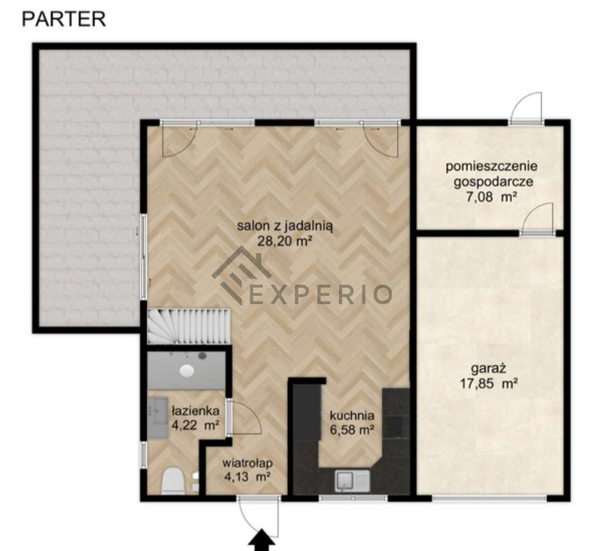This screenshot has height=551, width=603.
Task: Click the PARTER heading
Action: point(64,19)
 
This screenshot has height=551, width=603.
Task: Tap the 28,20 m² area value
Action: point(285,241)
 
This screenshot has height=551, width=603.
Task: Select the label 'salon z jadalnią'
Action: point(285,226)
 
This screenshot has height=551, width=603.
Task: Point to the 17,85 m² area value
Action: point(489,384)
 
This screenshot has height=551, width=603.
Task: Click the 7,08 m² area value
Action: point(491,197)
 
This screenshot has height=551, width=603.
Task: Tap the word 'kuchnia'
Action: point(352,415)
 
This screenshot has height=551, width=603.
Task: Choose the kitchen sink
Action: point(352,481)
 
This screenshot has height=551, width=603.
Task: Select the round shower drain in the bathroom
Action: point(187,370)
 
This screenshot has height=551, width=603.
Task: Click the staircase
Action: point(189,325)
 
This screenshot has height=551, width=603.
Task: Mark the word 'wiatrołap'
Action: point(247,463)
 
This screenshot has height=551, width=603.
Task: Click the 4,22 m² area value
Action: point(195,425)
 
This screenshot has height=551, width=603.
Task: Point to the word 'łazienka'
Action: point(195,411)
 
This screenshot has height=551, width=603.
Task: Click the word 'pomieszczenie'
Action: point(491,166)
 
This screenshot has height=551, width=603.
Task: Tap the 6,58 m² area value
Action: point(352,430)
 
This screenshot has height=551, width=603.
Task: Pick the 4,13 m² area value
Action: point(247,477)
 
